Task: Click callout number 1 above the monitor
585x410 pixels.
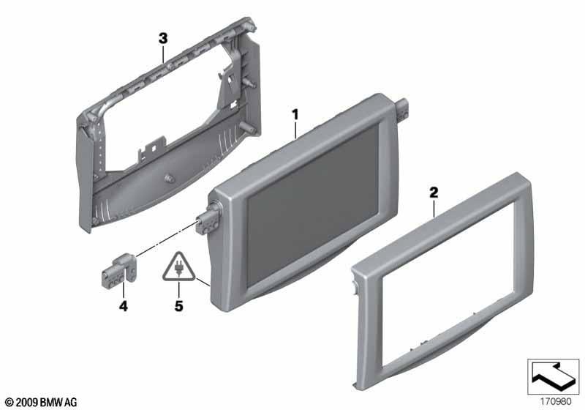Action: [x=295, y=114]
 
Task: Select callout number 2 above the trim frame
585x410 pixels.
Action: [x=434, y=193]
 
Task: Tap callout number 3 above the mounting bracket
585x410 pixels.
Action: [x=163, y=39]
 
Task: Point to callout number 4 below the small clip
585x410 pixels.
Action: [x=123, y=306]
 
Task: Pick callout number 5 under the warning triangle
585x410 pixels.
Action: [x=178, y=306]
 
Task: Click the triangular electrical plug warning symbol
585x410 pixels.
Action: [x=178, y=268]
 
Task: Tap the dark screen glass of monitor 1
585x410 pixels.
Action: [x=313, y=204]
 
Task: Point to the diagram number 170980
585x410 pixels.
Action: [x=556, y=402]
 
